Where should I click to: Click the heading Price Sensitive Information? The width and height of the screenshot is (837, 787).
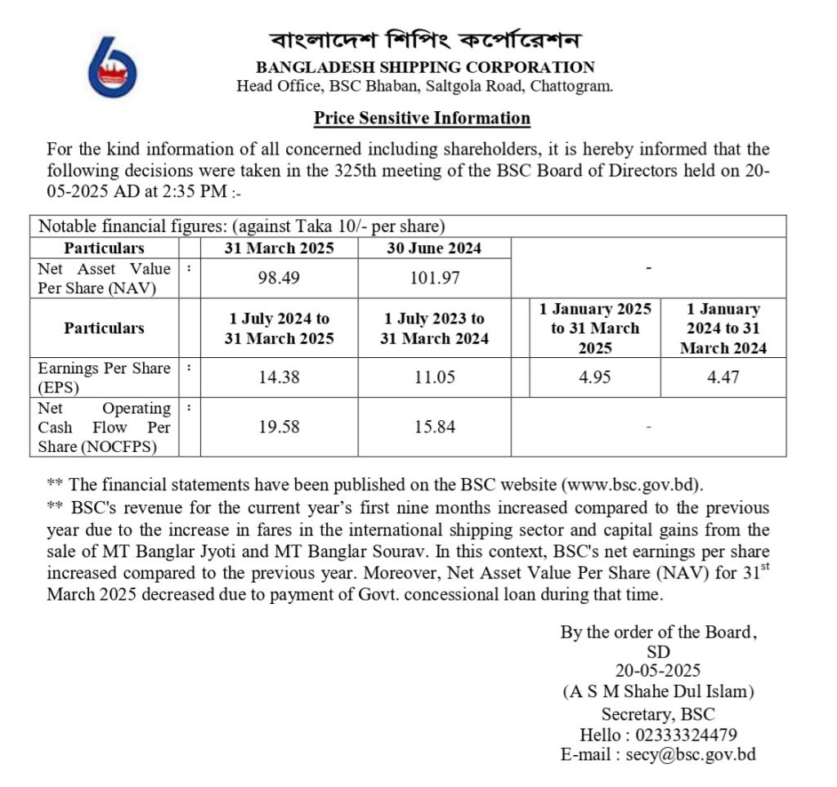(x=422, y=118)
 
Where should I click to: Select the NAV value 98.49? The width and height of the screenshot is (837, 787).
(x=279, y=278)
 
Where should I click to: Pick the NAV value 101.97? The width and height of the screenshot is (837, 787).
(x=434, y=278)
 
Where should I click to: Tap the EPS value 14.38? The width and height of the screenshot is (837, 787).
(x=279, y=378)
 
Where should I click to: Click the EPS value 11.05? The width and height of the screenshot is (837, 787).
(x=434, y=378)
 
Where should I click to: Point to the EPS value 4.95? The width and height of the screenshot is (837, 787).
(x=594, y=378)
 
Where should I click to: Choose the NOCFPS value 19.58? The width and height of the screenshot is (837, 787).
(x=279, y=427)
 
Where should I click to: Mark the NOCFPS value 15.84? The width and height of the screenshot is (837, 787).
(x=434, y=427)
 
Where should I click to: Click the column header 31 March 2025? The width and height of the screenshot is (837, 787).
(x=279, y=248)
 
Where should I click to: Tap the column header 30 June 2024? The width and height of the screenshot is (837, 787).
(x=434, y=248)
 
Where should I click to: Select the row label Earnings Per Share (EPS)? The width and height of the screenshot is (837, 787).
(x=105, y=378)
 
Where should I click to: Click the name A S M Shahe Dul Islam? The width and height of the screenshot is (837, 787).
(x=658, y=692)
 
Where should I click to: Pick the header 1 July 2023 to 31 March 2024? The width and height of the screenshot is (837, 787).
(x=434, y=329)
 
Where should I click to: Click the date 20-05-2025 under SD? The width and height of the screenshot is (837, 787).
(x=658, y=671)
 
